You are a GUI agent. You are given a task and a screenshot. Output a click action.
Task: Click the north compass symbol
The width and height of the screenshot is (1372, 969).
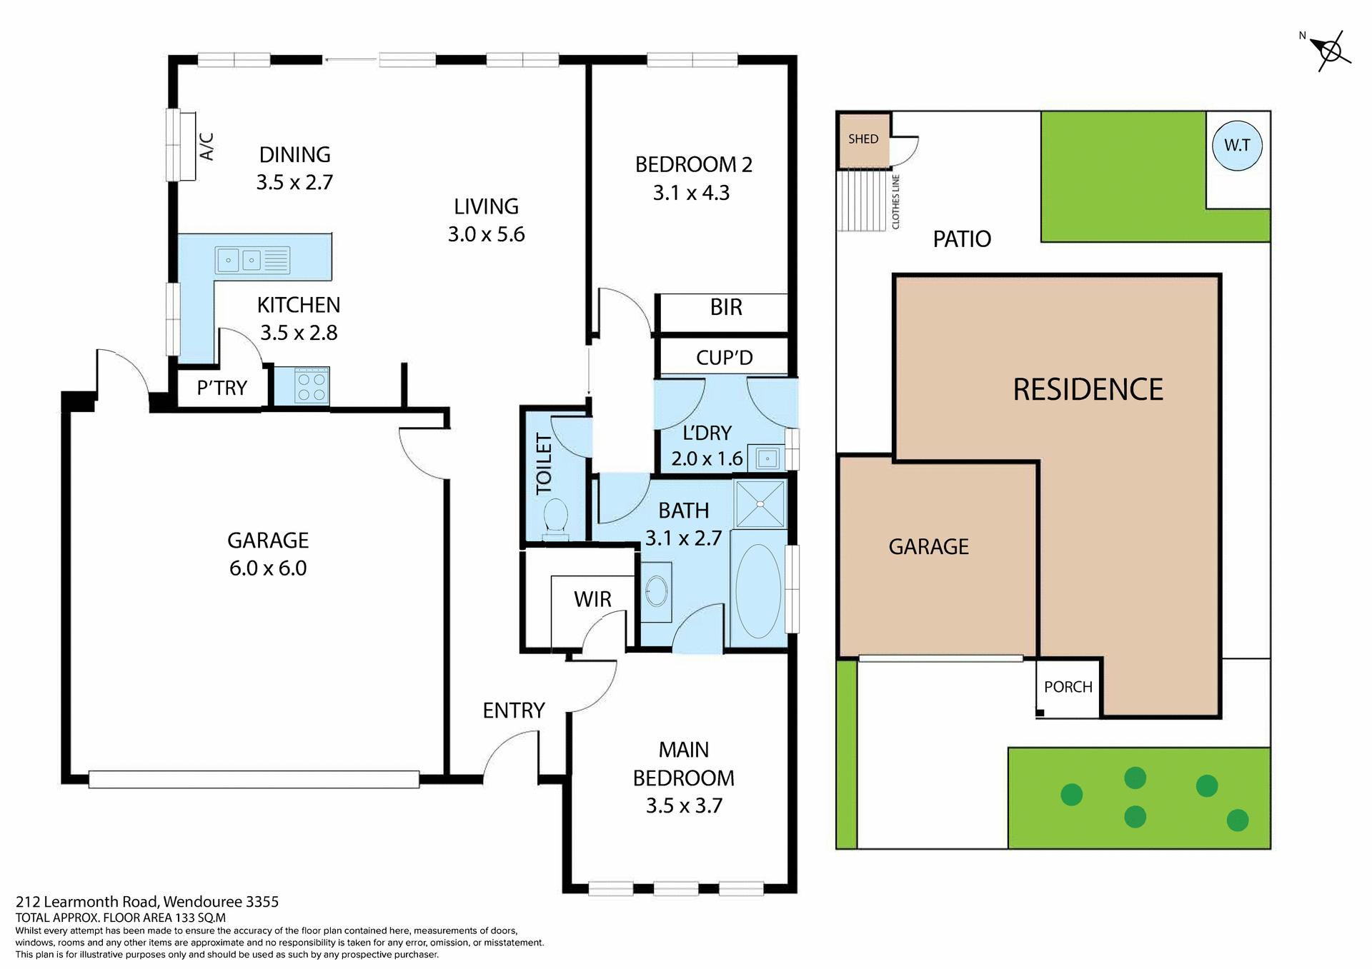point(1331,51)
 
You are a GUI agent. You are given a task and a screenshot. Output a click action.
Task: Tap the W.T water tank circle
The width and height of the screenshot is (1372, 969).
point(1237,146)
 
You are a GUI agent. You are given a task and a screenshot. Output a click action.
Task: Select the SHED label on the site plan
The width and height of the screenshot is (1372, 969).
point(863,139)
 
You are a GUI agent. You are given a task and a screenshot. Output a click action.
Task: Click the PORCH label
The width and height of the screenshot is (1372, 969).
point(1068,687)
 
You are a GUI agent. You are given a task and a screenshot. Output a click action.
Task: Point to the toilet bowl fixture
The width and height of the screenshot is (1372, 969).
point(555,516)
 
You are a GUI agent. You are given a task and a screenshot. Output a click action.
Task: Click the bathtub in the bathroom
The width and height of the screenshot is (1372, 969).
point(758,591)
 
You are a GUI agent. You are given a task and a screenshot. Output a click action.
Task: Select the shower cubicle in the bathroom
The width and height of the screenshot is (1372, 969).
point(760,504)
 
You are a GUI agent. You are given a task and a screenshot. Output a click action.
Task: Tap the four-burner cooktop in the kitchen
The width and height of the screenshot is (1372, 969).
point(312,386)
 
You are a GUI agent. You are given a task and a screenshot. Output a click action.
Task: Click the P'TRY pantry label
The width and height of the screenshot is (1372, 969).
point(222,388)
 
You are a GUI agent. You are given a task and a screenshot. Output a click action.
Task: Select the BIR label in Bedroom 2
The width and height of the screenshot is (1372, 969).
point(726,307)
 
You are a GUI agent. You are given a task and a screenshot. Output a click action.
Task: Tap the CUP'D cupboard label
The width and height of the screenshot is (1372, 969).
point(724,357)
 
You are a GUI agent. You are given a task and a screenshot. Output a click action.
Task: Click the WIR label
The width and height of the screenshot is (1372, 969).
point(592,599)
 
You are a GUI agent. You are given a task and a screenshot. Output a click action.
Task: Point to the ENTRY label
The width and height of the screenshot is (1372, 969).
point(513,711)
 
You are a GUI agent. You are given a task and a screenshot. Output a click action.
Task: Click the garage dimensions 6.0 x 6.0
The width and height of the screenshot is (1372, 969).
point(268,568)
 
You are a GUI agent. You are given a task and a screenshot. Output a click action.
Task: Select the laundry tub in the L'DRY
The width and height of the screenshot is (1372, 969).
point(767,458)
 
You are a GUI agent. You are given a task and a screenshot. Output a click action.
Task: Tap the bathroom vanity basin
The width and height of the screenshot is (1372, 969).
point(656,591)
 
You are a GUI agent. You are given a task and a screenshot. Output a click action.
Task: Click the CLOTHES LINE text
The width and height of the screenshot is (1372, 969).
point(895,202)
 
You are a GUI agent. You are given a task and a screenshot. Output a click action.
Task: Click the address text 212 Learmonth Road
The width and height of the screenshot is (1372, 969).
point(147,902)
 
